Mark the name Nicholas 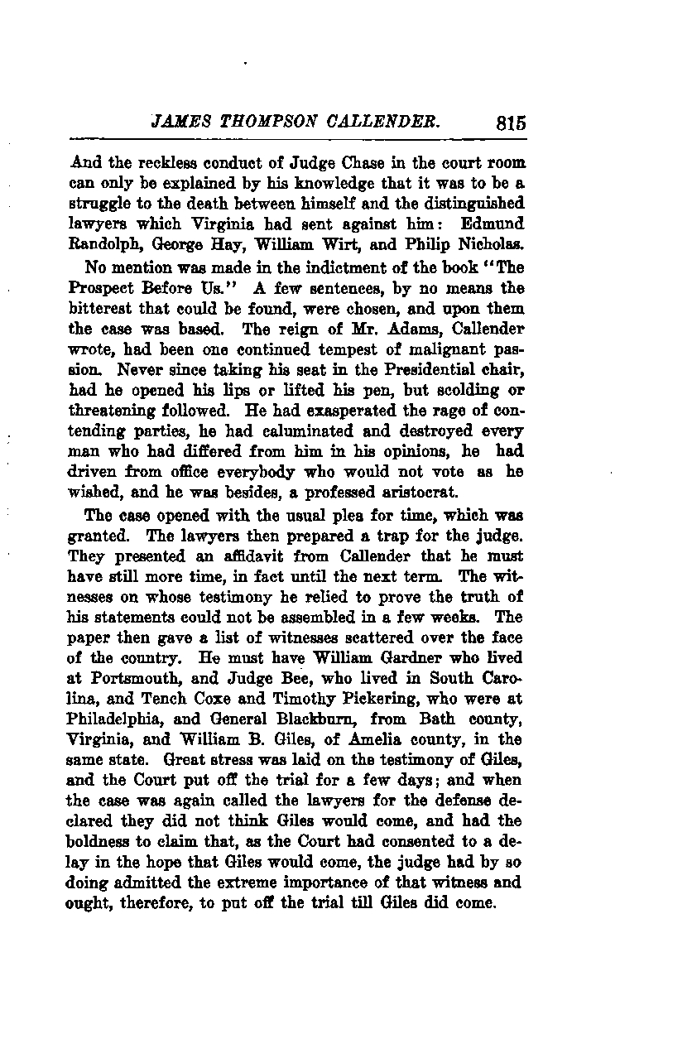pyautogui.click(x=494, y=243)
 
